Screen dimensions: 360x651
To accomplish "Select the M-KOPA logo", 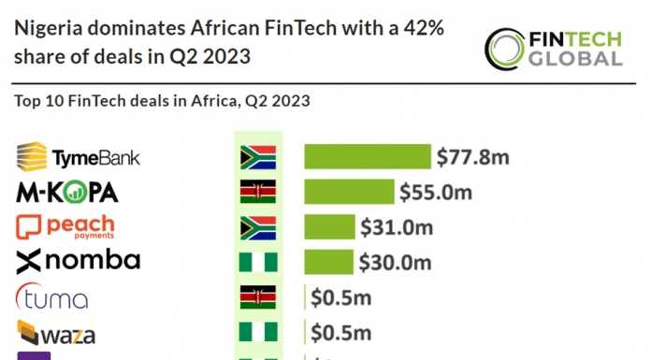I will click(x=67, y=193).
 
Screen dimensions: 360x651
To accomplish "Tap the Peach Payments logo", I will click(x=65, y=227).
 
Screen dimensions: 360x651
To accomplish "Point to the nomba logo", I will click(x=79, y=261).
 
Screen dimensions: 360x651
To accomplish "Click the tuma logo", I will click(x=53, y=298).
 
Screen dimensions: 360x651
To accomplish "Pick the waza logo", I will click(x=56, y=333).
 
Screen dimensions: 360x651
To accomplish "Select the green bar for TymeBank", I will click(x=367, y=157).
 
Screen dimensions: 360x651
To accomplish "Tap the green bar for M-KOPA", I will click(x=348, y=193).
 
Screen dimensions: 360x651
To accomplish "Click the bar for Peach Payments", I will click(x=329, y=226).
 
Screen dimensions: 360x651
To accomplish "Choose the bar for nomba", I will click(x=328, y=262).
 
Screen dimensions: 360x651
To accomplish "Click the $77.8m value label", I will click(x=472, y=157).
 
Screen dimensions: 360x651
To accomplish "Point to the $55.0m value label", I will click(x=435, y=193).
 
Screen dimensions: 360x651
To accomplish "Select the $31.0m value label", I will click(x=397, y=226).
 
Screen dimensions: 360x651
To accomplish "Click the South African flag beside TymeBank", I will click(x=257, y=157).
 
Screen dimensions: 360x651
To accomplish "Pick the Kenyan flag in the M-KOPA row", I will click(x=257, y=193).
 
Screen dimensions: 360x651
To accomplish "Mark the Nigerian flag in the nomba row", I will click(x=257, y=262).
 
